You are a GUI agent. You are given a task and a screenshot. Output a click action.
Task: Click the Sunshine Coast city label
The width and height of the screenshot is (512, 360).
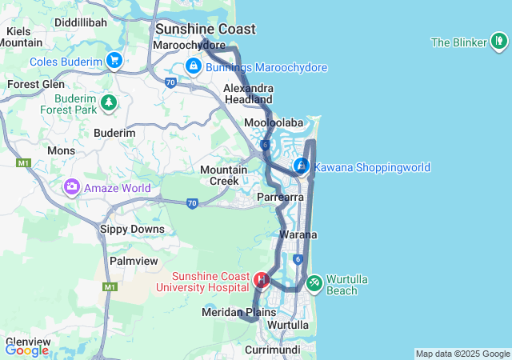206,30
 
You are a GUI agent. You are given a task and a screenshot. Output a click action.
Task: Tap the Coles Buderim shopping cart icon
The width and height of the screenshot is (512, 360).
114,60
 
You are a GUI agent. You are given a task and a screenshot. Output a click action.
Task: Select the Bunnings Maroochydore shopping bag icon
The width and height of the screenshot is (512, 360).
193,66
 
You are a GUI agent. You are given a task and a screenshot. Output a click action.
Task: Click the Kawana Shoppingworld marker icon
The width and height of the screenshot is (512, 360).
302,166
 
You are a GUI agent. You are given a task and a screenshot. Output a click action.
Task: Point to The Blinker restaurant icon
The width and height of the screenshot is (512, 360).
498,41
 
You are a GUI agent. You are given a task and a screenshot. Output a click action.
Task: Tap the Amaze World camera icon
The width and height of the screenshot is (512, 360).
72,187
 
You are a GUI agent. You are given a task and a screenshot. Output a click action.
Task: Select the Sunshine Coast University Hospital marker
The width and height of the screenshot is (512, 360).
261,280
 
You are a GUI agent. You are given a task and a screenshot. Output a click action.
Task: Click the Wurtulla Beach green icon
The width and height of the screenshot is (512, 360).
314,282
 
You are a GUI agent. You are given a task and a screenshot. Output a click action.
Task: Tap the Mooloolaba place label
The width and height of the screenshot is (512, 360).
274,123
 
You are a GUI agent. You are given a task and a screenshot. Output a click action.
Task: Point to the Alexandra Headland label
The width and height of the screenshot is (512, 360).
248,94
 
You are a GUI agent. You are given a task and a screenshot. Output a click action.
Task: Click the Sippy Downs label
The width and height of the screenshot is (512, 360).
131,230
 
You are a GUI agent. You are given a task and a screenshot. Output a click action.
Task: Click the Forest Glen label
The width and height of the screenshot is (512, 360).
35,84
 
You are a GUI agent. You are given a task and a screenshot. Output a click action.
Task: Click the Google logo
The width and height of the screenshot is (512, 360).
26,350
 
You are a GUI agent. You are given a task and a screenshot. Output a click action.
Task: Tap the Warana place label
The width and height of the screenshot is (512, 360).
298,235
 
